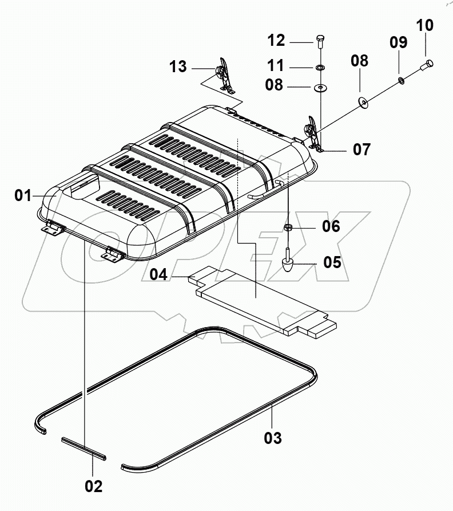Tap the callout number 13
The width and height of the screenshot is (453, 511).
coord(177,66)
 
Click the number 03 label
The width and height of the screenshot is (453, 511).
coord(273,438)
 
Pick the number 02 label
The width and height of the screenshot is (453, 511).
coord(94,486)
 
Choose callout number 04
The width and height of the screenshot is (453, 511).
coord(160,276)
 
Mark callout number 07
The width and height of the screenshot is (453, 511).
coord(361,150)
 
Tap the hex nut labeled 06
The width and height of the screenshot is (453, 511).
coord(289,227)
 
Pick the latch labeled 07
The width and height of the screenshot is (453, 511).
coord(313,133)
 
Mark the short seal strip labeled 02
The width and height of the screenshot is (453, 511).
coord(84,446)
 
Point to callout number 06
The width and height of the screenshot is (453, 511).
coord(331,226)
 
